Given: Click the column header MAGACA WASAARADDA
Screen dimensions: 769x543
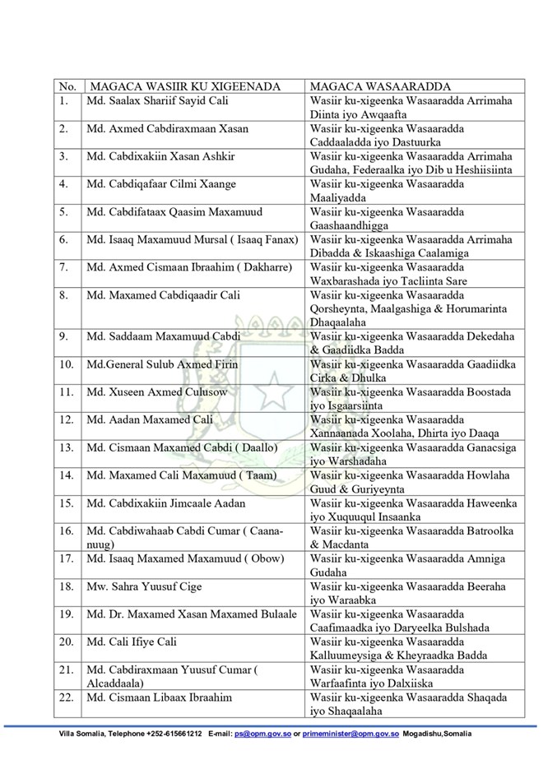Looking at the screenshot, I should pos(369,86).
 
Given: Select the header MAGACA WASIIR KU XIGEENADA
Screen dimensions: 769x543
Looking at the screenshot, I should pos(185,86).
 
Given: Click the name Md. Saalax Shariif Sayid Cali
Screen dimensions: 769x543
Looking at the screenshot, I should pos(157,100).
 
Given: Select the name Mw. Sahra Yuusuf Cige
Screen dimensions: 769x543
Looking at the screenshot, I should pos(144,586).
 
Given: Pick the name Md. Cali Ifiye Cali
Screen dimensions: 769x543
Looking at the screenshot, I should pos(132,642).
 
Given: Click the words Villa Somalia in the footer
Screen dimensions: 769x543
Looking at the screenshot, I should pos(80,733).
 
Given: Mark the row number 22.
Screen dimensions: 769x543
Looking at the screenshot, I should pos(66,697).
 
